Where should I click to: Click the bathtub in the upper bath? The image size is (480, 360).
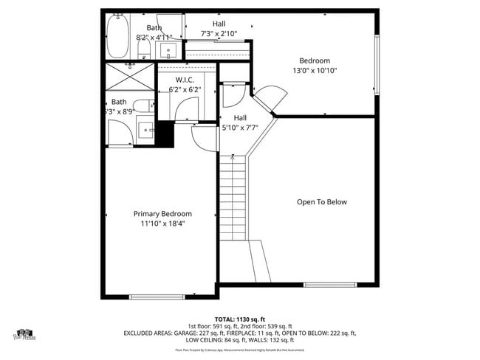point(117,37)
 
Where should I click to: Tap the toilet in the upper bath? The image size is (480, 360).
point(144,49)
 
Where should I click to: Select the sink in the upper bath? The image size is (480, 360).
point(168,50)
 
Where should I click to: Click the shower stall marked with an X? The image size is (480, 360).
point(130,77)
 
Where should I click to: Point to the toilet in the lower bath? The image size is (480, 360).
point(145,106)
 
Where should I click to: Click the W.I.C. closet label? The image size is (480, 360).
point(184,80)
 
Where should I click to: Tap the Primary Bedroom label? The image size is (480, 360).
point(162,214)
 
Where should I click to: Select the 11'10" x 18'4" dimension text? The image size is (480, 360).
point(163,224)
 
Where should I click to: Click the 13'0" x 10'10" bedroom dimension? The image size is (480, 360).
point(315,71)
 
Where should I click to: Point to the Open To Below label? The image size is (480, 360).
point(321,202)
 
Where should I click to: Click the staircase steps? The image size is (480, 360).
point(233,199)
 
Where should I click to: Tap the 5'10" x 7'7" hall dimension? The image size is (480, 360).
point(240,128)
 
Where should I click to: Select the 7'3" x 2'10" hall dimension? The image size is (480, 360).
point(219,34)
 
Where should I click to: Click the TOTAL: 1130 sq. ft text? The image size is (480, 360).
point(239,318)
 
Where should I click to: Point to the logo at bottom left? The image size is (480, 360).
point(27,335)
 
